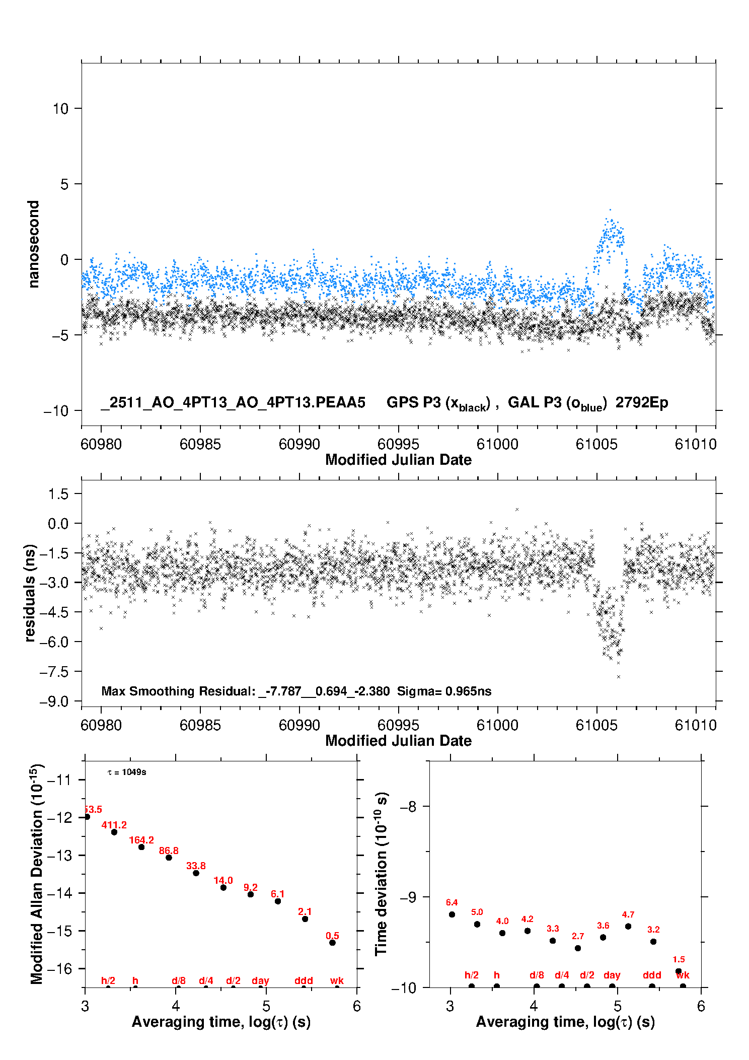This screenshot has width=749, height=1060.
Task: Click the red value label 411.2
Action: (114, 825)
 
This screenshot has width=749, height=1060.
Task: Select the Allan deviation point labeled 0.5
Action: (332, 942)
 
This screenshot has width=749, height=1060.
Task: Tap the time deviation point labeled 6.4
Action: (452, 914)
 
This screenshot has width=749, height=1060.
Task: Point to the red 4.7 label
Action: (628, 914)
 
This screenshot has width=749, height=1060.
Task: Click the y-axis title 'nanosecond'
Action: (34, 244)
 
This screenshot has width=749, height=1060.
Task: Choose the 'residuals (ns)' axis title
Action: (30, 593)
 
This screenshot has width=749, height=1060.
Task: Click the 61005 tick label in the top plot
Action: (596, 444)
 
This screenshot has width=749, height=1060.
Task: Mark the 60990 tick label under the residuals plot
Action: (299, 725)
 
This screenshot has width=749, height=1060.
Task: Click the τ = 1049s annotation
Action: (127, 772)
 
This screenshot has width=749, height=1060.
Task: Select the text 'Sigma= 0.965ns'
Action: (444, 691)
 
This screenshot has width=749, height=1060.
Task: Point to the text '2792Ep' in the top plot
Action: (642, 403)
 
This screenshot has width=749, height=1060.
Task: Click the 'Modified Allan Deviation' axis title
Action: (36, 874)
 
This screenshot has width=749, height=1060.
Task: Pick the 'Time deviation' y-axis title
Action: (381, 874)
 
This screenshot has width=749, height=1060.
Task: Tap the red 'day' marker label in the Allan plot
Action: (260, 980)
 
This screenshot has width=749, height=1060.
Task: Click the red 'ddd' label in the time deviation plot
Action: (652, 975)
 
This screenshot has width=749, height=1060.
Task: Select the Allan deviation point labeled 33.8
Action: (196, 873)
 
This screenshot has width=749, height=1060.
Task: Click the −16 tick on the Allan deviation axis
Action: (59, 968)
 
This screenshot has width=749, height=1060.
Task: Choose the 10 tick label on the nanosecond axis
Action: (60, 108)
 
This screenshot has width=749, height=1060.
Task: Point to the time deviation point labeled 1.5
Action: (679, 971)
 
